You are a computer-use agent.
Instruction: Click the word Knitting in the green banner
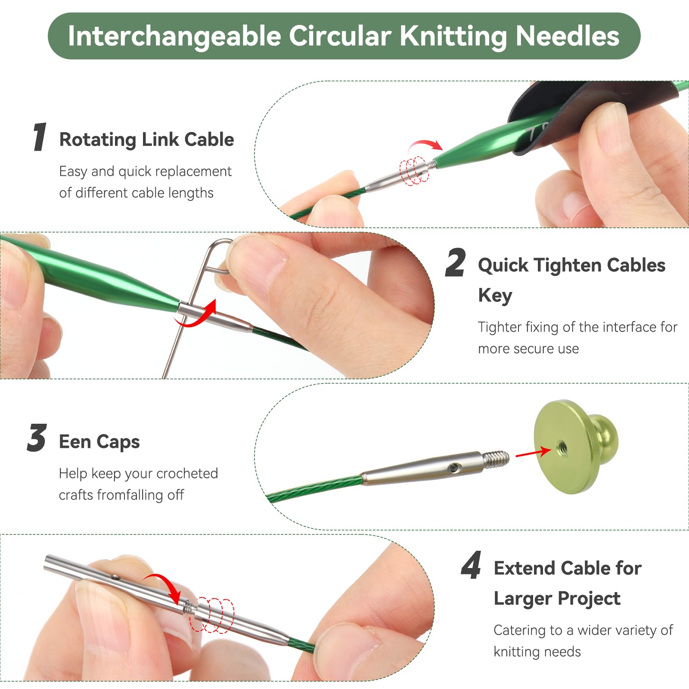pyautogui.click(x=453, y=37)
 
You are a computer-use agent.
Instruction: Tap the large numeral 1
pyautogui.click(x=40, y=137)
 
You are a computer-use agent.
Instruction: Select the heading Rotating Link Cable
pyautogui.click(x=146, y=140)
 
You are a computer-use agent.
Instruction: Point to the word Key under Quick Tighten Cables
pyautogui.click(x=495, y=296)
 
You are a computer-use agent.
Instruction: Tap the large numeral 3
pyautogui.click(x=37, y=438)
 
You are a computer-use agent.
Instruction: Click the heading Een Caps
pyautogui.click(x=99, y=442)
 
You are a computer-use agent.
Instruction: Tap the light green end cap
pyautogui.click(x=575, y=447)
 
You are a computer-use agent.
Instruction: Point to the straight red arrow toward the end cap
pyautogui.click(x=534, y=452)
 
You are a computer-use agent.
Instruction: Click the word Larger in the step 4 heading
pyautogui.click(x=521, y=599)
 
